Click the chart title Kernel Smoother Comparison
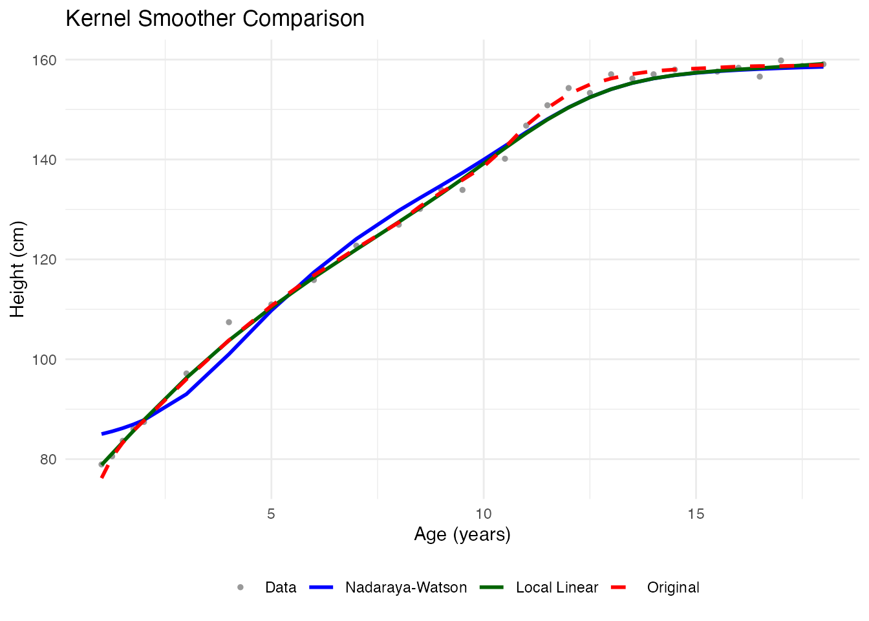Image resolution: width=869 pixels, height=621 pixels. pos(215,19)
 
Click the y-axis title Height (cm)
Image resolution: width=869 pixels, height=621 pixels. pos(17,269)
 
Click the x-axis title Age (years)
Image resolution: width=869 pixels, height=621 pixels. pos(462,534)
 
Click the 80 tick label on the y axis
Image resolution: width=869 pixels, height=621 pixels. pos(48,459)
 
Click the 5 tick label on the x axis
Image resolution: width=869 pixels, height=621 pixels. pos(271,514)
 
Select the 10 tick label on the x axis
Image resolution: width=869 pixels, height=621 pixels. pos(484,514)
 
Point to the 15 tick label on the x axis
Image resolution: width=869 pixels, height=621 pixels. pos(696,514)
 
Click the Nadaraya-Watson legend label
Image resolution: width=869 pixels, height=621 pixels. pos(405,587)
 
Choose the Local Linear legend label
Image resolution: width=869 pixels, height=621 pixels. pos(557,587)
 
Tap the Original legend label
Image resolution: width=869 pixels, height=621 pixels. pos(672,587)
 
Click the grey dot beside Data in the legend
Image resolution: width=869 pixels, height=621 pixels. pos(241,587)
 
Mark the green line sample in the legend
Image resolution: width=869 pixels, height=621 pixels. pos(491,587)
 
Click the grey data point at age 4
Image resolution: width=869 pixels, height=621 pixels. pos(229,322)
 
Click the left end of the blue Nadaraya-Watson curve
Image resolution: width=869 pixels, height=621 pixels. pos(102,433)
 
